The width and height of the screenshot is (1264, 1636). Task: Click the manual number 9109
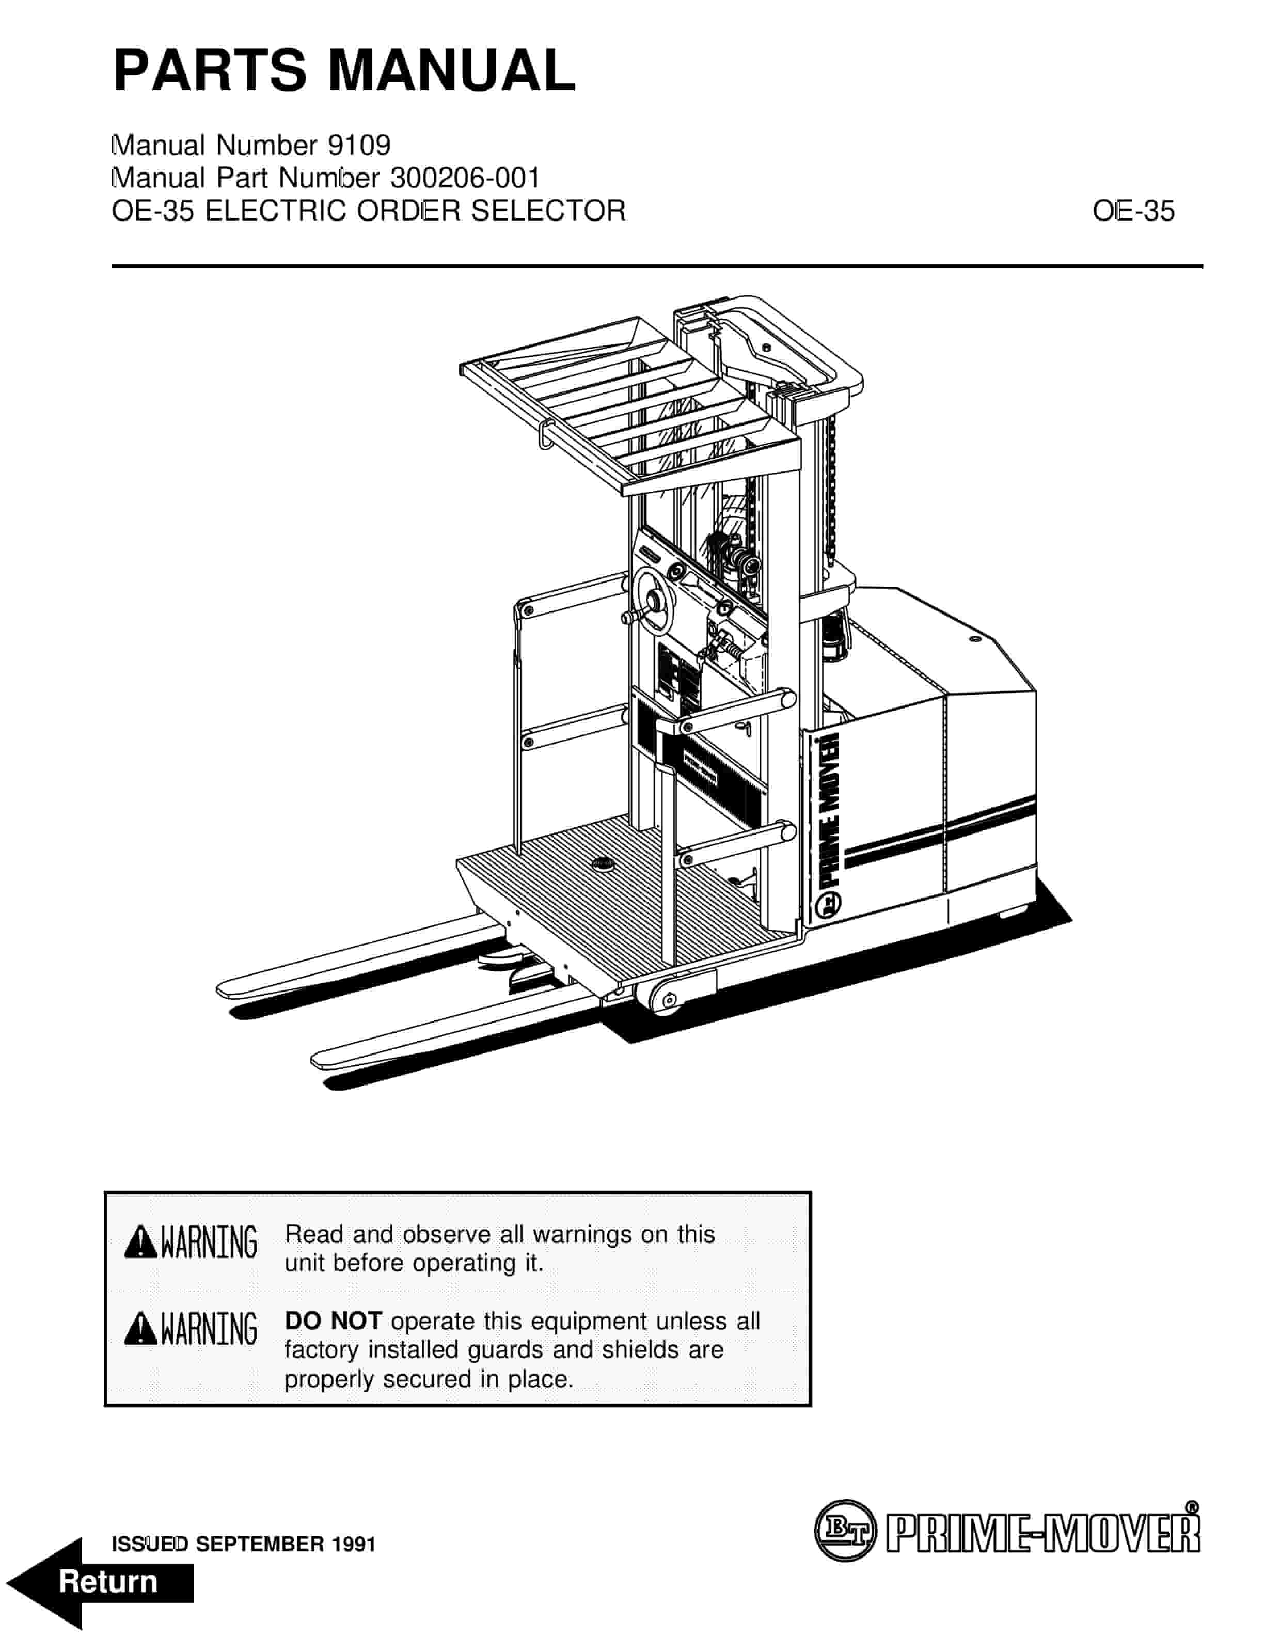pyautogui.click(x=359, y=145)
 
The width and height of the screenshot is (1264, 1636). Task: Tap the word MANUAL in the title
pyautogui.click(x=452, y=70)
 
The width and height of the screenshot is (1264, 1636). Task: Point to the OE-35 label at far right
pyautogui.click(x=1133, y=211)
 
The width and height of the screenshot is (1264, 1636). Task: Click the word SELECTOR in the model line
pyautogui.click(x=548, y=211)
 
